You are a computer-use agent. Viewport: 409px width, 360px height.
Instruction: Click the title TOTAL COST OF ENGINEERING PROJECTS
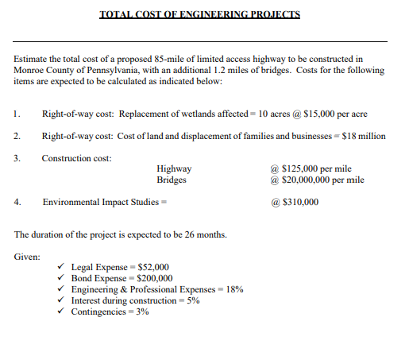click(x=200, y=14)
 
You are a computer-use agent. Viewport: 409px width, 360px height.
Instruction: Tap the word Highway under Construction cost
click(x=174, y=169)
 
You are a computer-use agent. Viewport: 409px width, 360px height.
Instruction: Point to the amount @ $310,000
click(x=295, y=202)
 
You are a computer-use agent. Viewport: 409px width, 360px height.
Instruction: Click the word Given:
click(x=29, y=257)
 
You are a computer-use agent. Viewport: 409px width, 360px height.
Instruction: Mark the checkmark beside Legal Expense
click(x=62, y=268)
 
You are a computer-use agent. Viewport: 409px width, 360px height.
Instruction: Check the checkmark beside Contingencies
click(x=62, y=312)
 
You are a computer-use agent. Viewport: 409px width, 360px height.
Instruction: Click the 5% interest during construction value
click(x=193, y=301)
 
